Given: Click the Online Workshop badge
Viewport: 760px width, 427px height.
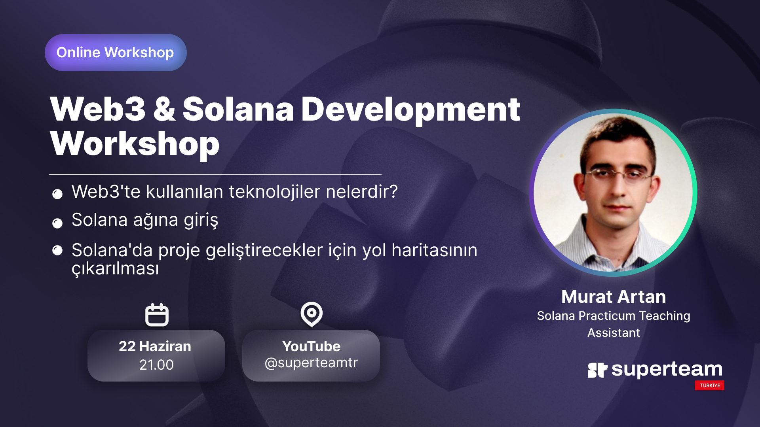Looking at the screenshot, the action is tap(116, 53).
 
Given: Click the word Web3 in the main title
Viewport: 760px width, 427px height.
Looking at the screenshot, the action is tap(98, 110).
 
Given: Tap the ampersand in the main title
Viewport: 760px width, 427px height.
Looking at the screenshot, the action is tap(164, 110).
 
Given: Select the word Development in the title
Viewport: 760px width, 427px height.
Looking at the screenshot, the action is tap(410, 111).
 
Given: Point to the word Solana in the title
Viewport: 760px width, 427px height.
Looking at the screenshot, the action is tap(238, 110).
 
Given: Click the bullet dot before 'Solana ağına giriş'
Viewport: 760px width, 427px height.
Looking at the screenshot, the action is tap(57, 223).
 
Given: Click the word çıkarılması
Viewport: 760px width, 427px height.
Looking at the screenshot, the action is tap(115, 269).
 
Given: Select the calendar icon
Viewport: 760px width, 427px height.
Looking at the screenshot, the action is tap(157, 315).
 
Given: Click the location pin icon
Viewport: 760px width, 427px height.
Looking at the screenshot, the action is tap(312, 314).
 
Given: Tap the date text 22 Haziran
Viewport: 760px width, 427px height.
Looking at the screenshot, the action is tap(155, 346).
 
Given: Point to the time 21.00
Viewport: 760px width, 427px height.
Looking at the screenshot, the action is tap(156, 365).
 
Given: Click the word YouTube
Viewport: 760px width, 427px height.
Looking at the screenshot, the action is tap(312, 346).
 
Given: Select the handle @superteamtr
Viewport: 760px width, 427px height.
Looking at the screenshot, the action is tap(311, 363).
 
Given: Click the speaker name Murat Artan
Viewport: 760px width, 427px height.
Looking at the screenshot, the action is tap(614, 297).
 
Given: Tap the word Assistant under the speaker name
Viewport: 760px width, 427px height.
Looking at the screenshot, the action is tap(614, 333).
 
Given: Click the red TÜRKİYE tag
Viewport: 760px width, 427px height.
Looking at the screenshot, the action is tap(709, 385).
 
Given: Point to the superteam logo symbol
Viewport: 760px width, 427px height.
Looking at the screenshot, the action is tap(598, 370).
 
